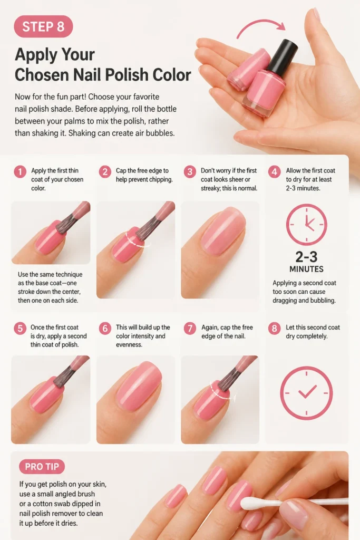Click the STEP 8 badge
tap(43, 26)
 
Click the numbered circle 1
tap(20, 171)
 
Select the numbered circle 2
tap(105, 171)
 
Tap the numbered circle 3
tap(190, 171)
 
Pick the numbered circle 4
tap(274, 171)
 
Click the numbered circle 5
tap(20, 328)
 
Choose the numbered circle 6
tap(105, 328)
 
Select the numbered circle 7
tap(190, 328)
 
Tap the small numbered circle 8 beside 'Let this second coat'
tap(274, 328)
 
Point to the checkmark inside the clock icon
tap(307, 392)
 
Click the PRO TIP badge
tap(42, 467)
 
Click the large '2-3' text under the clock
tap(306, 257)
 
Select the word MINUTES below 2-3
tap(306, 269)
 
